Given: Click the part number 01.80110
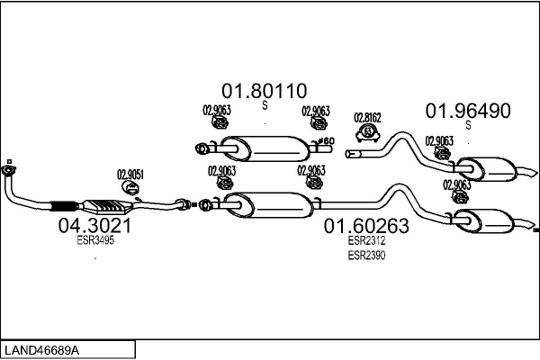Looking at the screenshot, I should click(265, 91).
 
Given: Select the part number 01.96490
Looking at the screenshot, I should click(468, 112).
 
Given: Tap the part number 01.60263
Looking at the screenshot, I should click(366, 226).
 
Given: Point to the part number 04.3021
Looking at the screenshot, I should click(95, 225).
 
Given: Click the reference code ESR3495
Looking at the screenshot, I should click(95, 240).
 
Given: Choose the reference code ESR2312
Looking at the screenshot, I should click(366, 240).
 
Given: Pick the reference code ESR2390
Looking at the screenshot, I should click(366, 256).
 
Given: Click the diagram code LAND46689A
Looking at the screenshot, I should click(42, 348).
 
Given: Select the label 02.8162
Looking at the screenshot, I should click(367, 117).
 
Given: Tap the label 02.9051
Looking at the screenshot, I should click(130, 175).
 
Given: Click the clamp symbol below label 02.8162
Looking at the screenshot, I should click(368, 134).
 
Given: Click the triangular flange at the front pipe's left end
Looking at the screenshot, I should click(10, 169).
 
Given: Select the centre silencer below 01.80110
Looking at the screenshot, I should click(265, 147).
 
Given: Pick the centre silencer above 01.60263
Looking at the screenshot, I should click(265, 204).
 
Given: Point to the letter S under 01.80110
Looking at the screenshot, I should click(265, 106).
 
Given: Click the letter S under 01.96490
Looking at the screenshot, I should click(468, 126).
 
